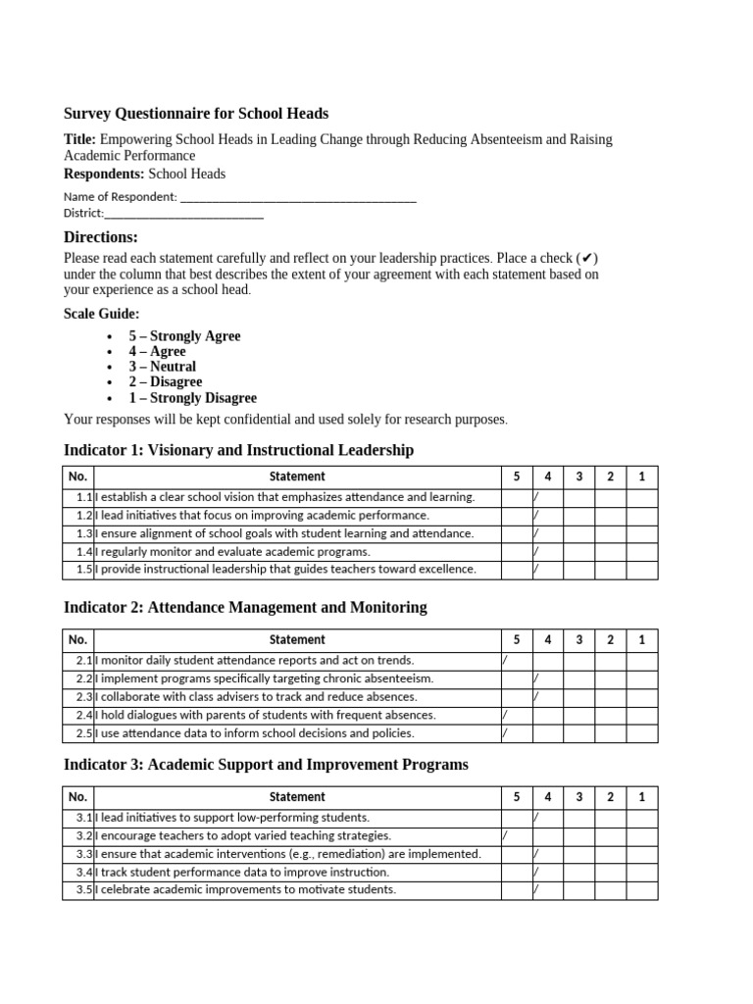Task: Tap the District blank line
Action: click(184, 214)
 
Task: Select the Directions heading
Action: click(101, 237)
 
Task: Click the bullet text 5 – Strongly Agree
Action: click(184, 335)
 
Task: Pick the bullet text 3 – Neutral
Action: click(162, 367)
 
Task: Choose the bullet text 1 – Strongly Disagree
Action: click(192, 398)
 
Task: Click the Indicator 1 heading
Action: click(238, 450)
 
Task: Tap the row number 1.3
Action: click(83, 533)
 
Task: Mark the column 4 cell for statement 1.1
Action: click(547, 497)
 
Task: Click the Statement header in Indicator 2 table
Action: click(297, 639)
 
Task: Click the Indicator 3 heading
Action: click(266, 764)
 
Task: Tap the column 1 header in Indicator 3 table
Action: click(641, 797)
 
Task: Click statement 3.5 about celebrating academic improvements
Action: click(247, 890)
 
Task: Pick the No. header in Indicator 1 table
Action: click(78, 477)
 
